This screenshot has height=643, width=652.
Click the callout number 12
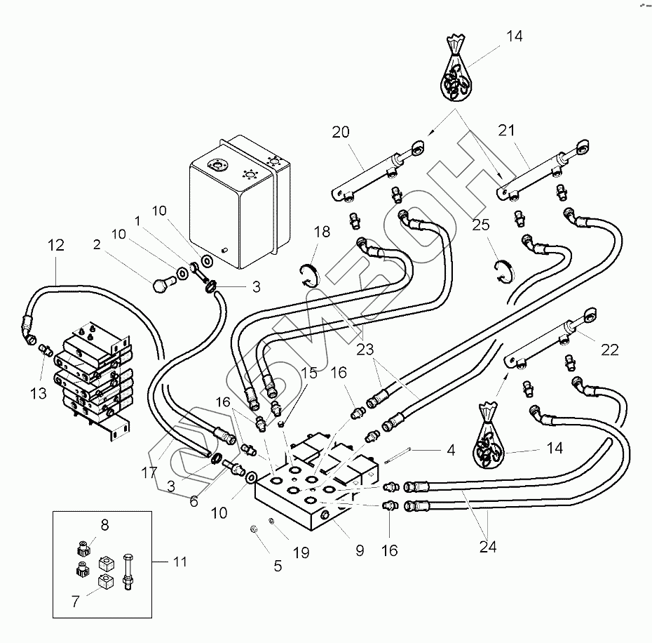[56, 246]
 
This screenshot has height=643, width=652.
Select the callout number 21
[527, 131]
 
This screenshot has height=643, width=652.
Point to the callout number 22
[610, 349]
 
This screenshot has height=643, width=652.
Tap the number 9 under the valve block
[360, 550]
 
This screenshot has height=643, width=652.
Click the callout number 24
[489, 547]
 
